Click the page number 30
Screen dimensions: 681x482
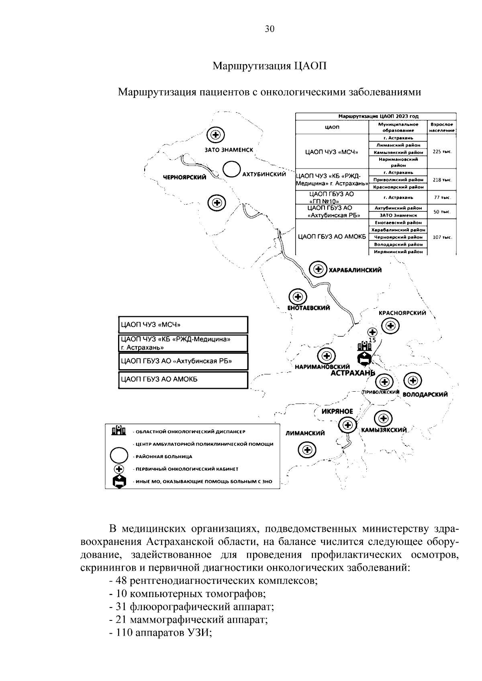(x=270, y=29)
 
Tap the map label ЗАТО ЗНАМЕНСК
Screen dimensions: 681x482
(x=229, y=150)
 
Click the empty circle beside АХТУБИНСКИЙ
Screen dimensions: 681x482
(x=231, y=169)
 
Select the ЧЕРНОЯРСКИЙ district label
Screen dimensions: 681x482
(x=184, y=177)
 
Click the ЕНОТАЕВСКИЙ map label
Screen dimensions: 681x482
(x=308, y=308)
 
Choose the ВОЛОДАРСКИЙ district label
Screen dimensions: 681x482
(x=425, y=394)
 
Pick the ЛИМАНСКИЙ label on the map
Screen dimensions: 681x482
(x=305, y=433)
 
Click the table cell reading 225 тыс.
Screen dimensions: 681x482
(x=442, y=152)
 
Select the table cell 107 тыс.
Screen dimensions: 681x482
(x=442, y=237)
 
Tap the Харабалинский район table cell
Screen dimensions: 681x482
(x=398, y=230)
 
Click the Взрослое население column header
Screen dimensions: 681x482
(x=442, y=127)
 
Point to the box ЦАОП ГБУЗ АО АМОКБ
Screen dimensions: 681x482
(x=183, y=380)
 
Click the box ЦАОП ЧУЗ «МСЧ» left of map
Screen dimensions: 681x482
(x=183, y=325)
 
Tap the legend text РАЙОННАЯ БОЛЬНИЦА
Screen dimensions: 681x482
(x=164, y=457)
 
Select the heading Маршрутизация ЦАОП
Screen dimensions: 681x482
(x=269, y=66)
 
